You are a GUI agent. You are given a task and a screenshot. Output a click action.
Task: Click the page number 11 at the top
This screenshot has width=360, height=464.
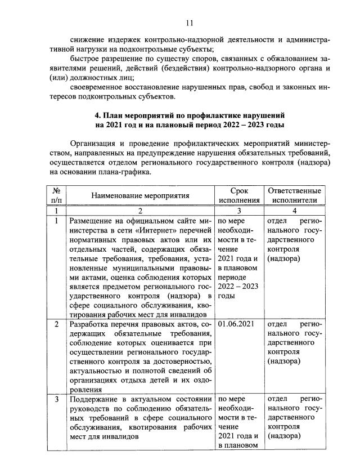coord(189,23)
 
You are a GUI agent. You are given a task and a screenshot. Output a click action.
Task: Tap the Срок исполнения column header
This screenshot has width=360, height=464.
coord(239,195)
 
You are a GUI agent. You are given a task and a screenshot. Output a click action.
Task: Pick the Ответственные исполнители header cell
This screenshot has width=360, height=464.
coord(295,195)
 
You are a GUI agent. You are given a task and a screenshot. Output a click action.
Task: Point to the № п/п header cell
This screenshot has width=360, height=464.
coord(56,195)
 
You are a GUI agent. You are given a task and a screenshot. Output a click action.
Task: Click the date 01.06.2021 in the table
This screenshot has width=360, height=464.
coord(237,325)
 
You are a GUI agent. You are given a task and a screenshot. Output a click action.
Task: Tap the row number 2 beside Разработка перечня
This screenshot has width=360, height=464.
coord(56,325)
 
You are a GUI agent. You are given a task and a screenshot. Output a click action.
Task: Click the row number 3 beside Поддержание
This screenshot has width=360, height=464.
coord(56,399)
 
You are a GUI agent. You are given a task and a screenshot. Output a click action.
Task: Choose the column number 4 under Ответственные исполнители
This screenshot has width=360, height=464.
coord(295,210)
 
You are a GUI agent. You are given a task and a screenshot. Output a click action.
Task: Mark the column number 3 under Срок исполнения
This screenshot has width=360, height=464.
coord(239,210)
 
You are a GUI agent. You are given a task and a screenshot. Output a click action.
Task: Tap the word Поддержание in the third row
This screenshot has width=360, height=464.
coord(93,399)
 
